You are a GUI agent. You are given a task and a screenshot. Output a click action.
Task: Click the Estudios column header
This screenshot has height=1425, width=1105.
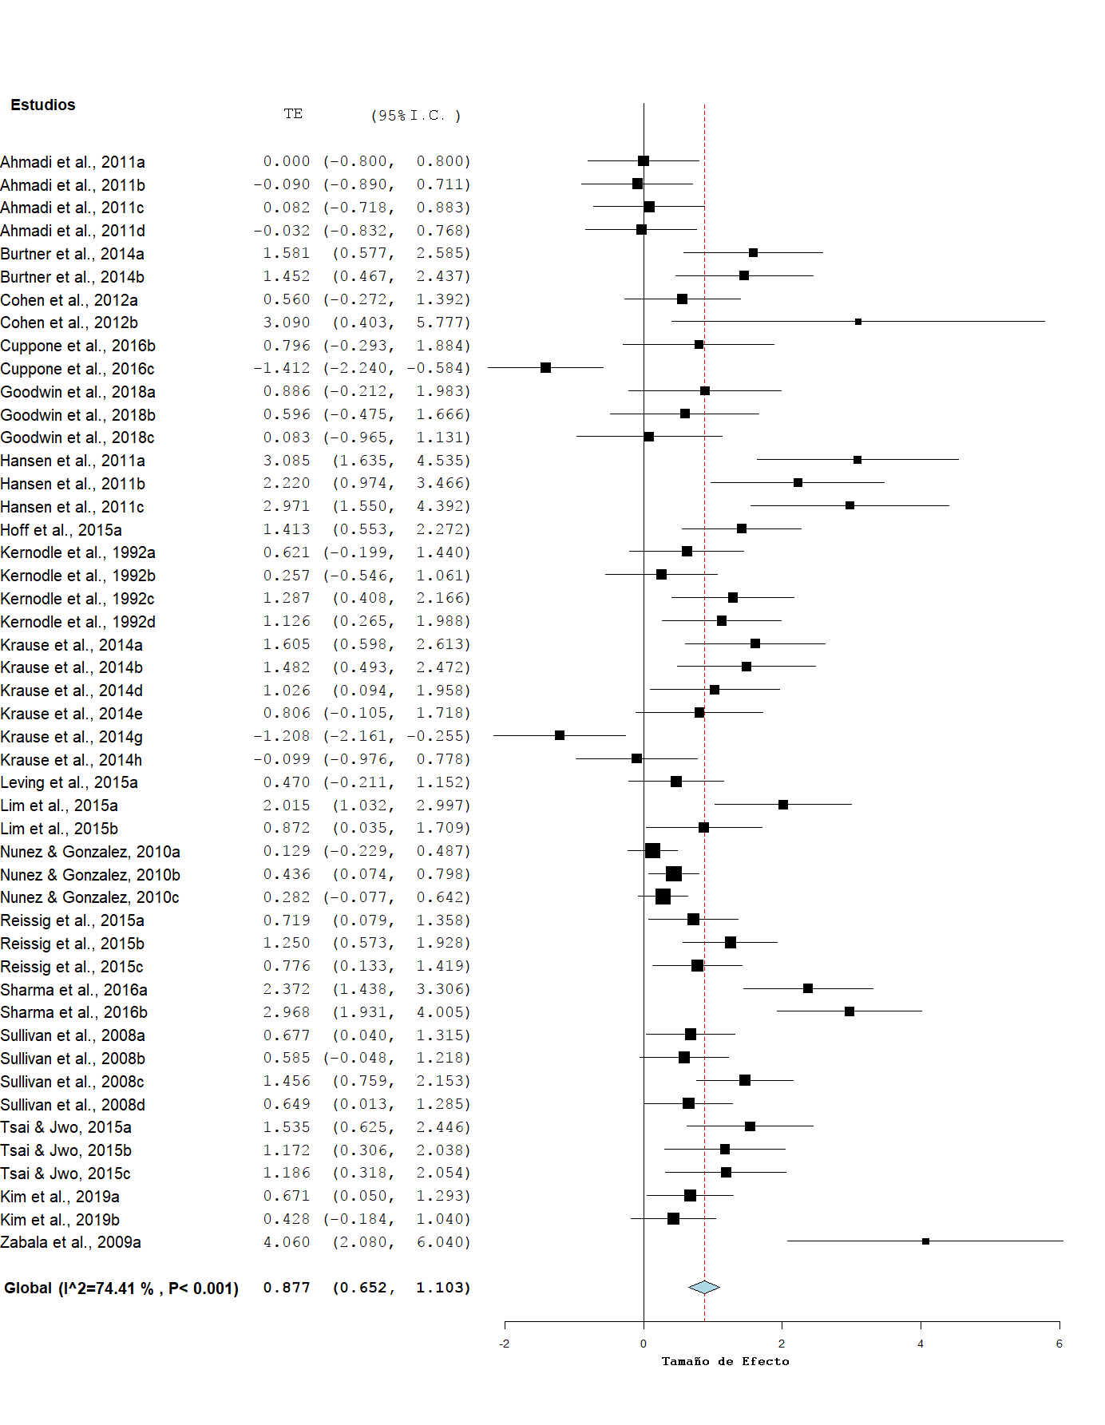click(x=43, y=105)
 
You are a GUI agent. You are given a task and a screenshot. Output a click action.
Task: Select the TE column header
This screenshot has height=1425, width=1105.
click(x=293, y=114)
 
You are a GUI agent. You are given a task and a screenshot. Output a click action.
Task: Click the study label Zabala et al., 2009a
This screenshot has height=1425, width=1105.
click(x=71, y=1242)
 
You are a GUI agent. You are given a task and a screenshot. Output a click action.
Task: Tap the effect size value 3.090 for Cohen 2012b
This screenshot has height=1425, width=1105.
click(x=286, y=323)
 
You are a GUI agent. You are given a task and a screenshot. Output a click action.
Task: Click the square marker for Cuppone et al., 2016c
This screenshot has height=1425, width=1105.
click(x=545, y=368)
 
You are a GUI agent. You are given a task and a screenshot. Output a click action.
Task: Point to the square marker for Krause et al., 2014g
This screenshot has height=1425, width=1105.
click(x=560, y=735)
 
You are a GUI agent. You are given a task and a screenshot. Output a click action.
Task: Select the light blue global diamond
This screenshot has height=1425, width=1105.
click(x=704, y=1287)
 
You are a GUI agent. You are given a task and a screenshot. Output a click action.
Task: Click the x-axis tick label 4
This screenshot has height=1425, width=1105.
click(x=921, y=1344)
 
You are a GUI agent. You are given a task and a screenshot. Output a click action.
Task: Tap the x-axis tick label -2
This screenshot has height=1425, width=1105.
click(x=505, y=1344)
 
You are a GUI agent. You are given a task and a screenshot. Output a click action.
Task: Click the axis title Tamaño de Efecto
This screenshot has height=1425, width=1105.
click(x=725, y=1361)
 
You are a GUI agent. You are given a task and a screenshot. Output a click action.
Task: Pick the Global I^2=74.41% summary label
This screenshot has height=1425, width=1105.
click(x=121, y=1288)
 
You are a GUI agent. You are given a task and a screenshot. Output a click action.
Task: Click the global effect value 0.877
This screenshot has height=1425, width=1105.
click(x=286, y=1288)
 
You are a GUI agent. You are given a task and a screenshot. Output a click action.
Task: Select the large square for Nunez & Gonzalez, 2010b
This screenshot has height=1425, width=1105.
click(x=674, y=873)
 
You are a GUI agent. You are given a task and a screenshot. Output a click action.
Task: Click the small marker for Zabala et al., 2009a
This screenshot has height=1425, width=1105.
click(x=925, y=1241)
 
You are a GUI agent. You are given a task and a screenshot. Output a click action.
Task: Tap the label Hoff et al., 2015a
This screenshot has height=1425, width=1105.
click(x=61, y=530)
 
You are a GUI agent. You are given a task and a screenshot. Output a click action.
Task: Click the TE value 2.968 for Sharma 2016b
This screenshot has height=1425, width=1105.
click(x=286, y=1012)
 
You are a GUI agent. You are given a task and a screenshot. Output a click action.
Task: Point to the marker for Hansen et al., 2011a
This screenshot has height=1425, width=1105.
click(x=857, y=460)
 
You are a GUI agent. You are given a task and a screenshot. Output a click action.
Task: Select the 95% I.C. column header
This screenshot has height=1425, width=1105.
click(x=416, y=116)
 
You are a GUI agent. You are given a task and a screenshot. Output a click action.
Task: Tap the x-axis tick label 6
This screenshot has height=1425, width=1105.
click(x=1059, y=1344)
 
